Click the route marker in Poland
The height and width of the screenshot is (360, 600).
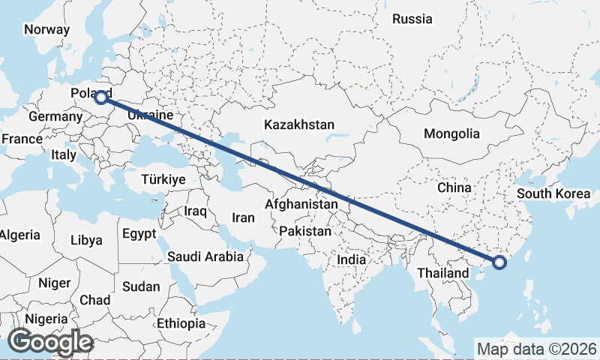pos(100,96)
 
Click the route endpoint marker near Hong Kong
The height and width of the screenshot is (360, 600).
pos(499,262)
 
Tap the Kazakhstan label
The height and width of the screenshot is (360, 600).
pos(298,125)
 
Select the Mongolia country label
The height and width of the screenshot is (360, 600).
pos(451,133)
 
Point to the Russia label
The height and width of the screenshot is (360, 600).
pos(412,19)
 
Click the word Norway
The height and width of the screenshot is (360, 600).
pos(46,30)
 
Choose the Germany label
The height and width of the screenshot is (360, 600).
pos(55,117)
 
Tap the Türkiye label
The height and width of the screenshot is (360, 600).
pos(163,179)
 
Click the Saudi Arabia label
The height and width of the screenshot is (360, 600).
pos(205,256)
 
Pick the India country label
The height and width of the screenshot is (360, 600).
pos(351,259)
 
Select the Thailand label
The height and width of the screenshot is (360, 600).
pos(443,273)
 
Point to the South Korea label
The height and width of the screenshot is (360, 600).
pos(553,194)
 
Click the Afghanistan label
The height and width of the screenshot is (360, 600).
pos(301,204)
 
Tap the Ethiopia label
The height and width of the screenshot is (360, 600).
pos(181,324)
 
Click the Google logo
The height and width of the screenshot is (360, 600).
pos(50,342)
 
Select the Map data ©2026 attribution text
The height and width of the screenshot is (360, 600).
pos(537,349)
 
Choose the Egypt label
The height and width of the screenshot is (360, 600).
pos(139,232)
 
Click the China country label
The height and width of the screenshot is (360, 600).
pos(454,187)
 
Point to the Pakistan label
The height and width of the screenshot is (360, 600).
pos(304,232)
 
